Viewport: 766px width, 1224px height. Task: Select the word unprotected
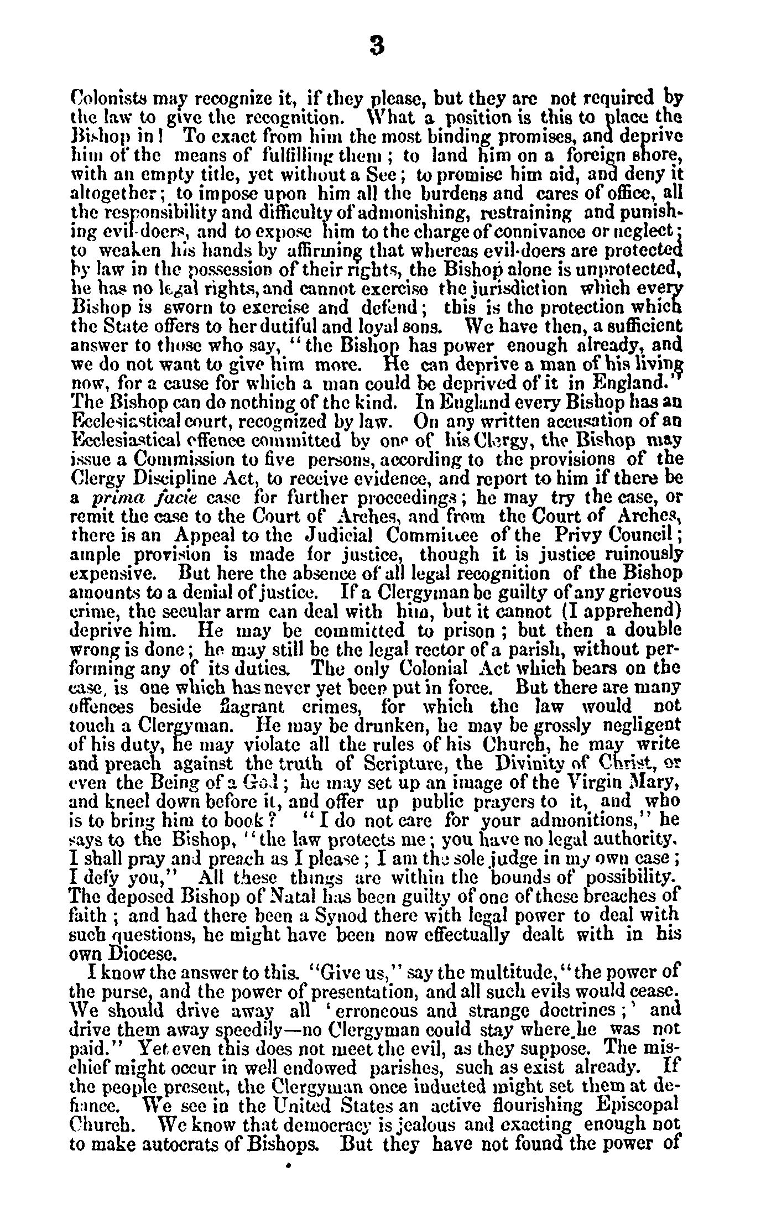click(x=626, y=268)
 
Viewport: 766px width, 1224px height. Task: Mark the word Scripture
click(x=409, y=764)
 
